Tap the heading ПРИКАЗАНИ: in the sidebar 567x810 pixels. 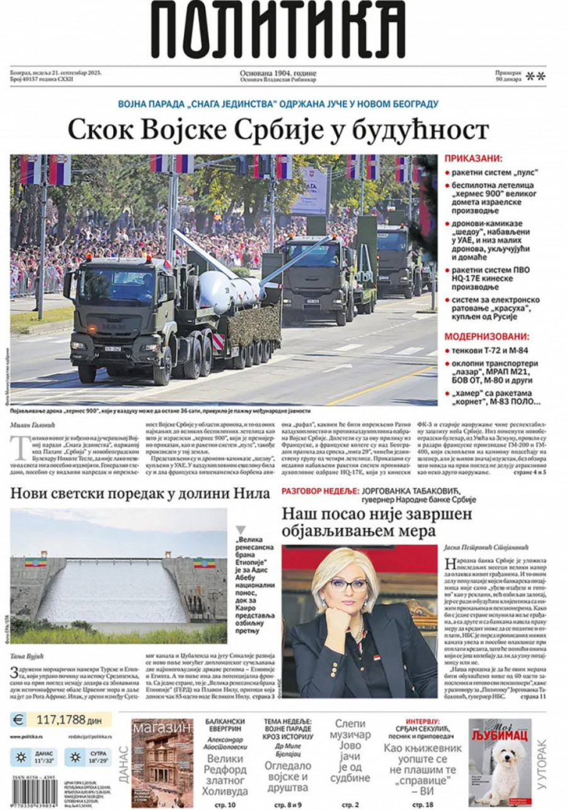(474, 159)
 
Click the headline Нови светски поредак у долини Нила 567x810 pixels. (140, 493)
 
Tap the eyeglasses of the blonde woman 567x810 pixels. (347, 584)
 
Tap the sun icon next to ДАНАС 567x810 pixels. (20, 756)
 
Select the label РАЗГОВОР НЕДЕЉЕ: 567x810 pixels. (320, 489)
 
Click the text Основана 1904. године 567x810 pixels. (278, 73)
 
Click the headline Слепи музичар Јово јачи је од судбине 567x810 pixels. (350, 750)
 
